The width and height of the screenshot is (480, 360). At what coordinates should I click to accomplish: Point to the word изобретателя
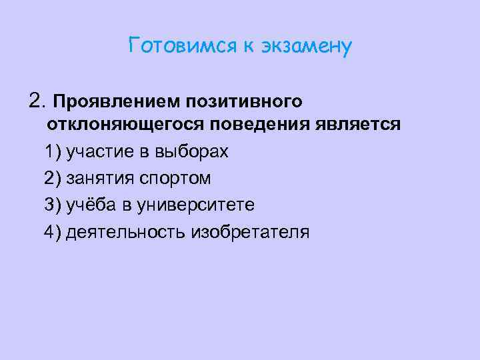(250, 232)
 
